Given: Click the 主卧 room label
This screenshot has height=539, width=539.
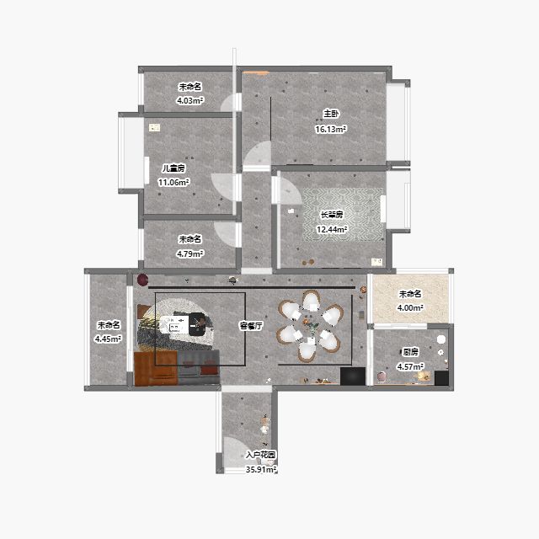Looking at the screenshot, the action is click(331, 114).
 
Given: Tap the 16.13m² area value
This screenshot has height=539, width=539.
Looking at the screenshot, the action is click(330, 129).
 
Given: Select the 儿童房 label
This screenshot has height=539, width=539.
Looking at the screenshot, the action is click(173, 168).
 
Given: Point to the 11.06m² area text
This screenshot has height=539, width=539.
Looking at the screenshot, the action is click(173, 182).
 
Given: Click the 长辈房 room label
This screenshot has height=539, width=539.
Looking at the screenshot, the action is click(332, 215).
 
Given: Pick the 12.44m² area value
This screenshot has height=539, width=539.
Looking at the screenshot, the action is click(332, 229).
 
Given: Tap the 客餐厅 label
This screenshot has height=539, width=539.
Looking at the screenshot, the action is click(251, 326).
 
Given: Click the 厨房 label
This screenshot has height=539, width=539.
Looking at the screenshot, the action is click(410, 352).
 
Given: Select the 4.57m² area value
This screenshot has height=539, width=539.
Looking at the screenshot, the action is click(410, 366).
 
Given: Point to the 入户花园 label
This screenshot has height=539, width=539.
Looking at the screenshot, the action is click(261, 455).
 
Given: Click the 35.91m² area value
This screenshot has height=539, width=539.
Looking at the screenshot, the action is click(261, 469).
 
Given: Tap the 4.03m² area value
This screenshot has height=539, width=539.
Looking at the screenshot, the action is click(190, 100).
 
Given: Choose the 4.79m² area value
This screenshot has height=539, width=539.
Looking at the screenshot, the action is click(190, 253).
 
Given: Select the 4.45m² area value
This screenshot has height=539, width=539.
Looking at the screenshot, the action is click(109, 339).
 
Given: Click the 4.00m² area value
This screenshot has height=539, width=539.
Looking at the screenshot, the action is click(410, 307).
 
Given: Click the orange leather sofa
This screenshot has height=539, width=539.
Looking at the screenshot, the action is click(155, 369).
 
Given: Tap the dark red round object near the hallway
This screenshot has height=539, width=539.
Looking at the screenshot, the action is click(142, 280).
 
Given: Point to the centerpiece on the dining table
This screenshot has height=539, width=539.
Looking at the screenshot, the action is click(311, 324).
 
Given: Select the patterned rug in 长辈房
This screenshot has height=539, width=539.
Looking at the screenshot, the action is click(343, 214).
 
